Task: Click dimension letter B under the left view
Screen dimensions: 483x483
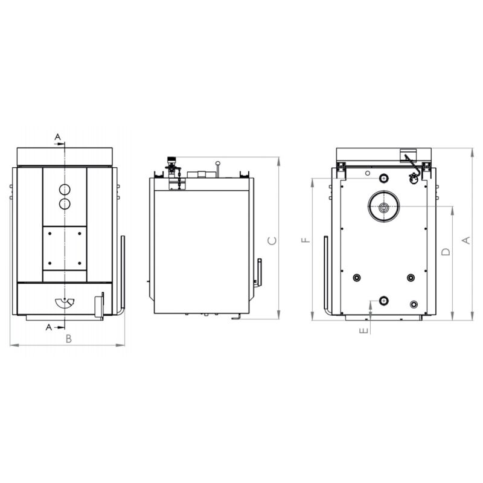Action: (69, 339)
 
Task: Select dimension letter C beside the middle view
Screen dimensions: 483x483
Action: (272, 241)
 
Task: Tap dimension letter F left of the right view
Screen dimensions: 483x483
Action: (306, 240)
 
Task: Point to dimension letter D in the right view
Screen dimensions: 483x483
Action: (446, 252)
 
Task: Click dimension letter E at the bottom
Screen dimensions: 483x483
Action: (364, 330)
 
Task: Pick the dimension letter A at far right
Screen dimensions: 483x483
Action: (467, 240)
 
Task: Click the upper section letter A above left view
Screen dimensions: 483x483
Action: (57, 137)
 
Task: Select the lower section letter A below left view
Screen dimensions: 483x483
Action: (49, 327)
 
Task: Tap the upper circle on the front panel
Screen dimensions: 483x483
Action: (65, 190)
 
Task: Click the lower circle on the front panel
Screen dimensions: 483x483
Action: (65, 204)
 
